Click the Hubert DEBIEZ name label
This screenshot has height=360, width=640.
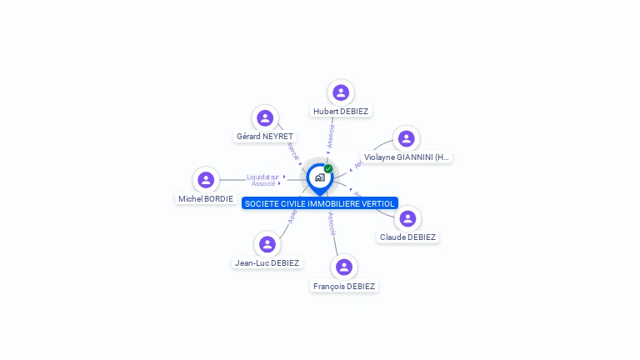[x=340, y=111]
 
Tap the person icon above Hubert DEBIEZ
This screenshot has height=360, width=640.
[x=340, y=92]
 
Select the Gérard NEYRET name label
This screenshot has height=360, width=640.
[x=265, y=137]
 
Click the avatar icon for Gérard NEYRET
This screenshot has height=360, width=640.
[x=265, y=118]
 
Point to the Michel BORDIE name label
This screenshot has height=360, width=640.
[x=206, y=198]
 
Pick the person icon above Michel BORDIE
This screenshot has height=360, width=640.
[x=206, y=180]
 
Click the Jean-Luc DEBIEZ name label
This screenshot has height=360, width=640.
[x=267, y=262]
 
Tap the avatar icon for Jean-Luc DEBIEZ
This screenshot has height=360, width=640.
[x=267, y=244]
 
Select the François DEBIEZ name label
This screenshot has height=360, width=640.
[x=344, y=286]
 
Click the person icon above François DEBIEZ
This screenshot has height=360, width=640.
[x=344, y=267]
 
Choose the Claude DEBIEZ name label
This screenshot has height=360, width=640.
[x=407, y=237]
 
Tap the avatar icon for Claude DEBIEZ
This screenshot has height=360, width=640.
[x=407, y=218]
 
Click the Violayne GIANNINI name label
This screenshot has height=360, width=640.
[x=406, y=157]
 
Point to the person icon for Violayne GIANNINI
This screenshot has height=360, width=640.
[x=406, y=138]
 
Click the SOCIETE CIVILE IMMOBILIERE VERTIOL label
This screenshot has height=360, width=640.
[x=320, y=203]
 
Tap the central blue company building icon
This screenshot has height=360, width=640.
[x=319, y=177]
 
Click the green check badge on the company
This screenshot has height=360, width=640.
[x=328, y=168]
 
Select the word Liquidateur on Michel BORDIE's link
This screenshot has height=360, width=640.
[x=263, y=177]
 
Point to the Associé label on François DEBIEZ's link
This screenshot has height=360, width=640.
[x=332, y=224]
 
